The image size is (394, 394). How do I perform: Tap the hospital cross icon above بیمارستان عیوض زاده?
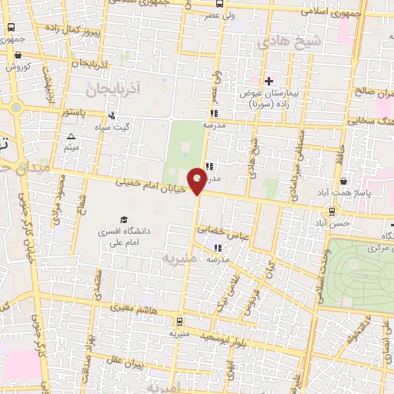pos(269,81)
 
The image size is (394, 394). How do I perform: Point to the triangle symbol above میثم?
pos(72,136)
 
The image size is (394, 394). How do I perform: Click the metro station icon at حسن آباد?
pos(332,211)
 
